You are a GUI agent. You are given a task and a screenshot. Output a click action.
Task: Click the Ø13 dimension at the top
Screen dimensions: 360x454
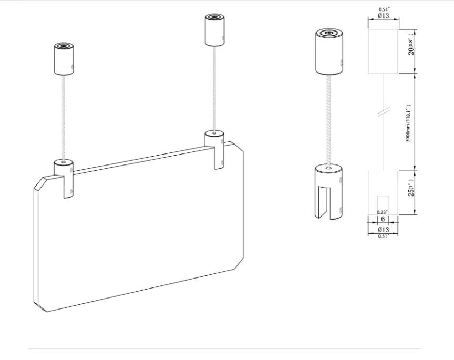coord(383,16)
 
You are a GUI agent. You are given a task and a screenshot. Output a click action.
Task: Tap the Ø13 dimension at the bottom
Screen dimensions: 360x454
coord(383,230)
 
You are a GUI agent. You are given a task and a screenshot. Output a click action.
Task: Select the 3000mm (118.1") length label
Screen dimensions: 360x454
coord(408,122)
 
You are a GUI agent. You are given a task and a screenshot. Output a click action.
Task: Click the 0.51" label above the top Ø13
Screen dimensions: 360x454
coord(384,9)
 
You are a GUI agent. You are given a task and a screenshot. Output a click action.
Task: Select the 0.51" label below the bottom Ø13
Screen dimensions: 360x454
coord(383,236)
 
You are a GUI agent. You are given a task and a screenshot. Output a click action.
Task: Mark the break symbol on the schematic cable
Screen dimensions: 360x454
coord(384,111)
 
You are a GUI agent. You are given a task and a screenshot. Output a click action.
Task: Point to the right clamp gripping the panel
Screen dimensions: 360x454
coord(214,148)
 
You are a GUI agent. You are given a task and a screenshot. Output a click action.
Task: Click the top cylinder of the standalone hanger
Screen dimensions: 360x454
coord(328,52)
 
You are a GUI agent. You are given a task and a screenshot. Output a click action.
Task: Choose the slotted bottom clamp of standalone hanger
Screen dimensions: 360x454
coord(328,190)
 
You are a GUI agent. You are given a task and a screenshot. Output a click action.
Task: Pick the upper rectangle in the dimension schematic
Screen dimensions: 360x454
coord(383,51)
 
